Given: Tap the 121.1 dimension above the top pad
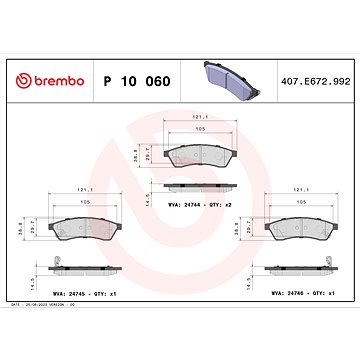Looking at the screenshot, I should click(183, 117).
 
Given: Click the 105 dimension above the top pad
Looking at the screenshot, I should click(183, 130).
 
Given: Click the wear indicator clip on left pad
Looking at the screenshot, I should click(63, 263).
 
